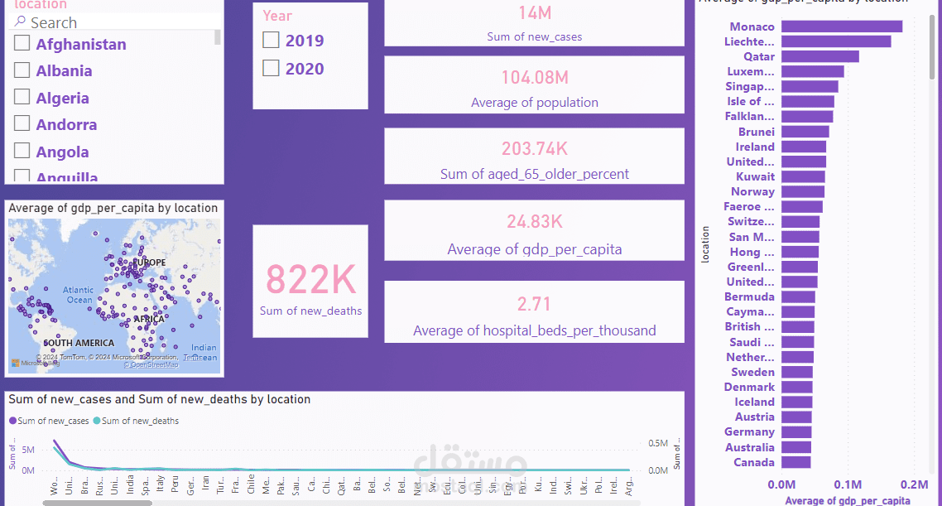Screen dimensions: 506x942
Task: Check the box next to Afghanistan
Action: (x=22, y=44)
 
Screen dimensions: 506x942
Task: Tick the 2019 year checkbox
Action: (x=271, y=40)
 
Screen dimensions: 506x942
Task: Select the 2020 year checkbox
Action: (x=271, y=69)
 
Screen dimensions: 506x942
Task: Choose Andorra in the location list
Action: (x=66, y=125)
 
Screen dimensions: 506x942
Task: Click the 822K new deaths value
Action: (x=310, y=280)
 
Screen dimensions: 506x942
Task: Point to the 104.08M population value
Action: (x=534, y=78)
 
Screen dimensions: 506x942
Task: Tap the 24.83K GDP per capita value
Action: (x=534, y=222)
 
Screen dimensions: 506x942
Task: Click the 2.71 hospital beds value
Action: (x=534, y=303)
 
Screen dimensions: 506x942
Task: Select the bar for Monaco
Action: (x=841, y=27)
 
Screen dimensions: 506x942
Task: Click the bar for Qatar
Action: (x=819, y=56)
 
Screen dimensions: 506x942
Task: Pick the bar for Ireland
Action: (x=803, y=147)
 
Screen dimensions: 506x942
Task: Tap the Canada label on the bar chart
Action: (x=754, y=462)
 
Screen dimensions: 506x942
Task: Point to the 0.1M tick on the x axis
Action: (x=848, y=484)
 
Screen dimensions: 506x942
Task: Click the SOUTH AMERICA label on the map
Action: (x=79, y=343)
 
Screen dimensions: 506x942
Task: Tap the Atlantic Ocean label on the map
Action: (x=79, y=295)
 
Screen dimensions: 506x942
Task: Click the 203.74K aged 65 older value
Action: (x=534, y=149)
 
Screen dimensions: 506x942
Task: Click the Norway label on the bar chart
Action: (x=752, y=191)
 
